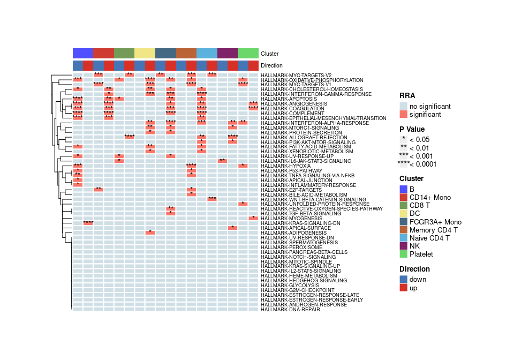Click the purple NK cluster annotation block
(228, 54)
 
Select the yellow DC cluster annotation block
(145, 54)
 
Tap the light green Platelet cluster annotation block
(248, 54)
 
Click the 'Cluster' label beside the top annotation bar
(269, 54)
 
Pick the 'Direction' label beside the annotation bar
(272, 65)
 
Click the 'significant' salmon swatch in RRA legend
(404, 115)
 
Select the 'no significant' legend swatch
(404, 106)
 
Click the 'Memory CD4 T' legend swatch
(404, 230)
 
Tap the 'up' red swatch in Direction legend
(404, 288)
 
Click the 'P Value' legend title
(412, 129)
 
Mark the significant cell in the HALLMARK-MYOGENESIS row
(253, 218)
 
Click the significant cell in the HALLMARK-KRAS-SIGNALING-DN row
(88, 223)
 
